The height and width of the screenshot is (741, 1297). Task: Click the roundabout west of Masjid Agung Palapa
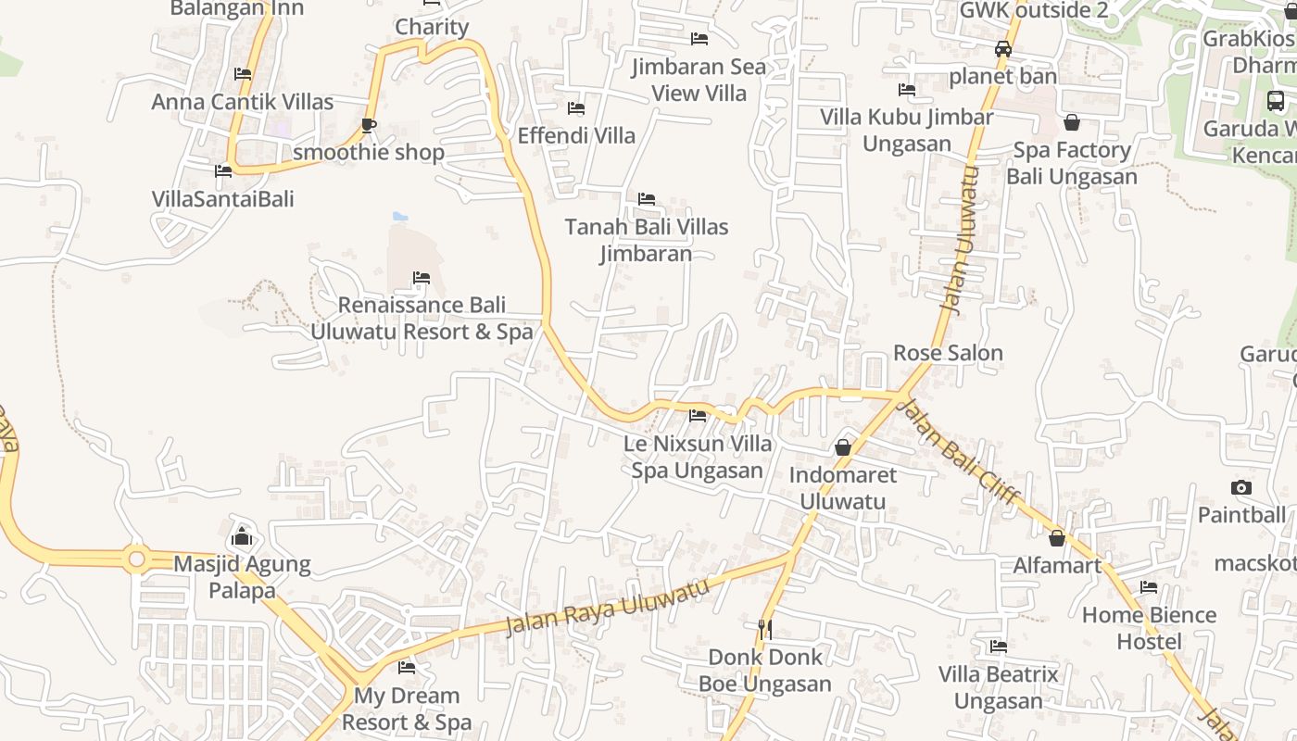pyautogui.click(x=137, y=559)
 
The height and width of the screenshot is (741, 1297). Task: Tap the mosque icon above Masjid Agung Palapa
pyautogui.click(x=242, y=535)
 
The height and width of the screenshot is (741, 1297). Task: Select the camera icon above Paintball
pyautogui.click(x=1240, y=487)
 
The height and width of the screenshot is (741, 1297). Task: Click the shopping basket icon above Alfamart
pyautogui.click(x=1057, y=537)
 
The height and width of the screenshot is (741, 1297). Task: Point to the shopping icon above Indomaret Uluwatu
pyautogui.click(x=843, y=447)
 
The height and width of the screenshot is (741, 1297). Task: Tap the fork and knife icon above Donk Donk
pyautogui.click(x=764, y=629)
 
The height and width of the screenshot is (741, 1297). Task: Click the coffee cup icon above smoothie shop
pyautogui.click(x=369, y=125)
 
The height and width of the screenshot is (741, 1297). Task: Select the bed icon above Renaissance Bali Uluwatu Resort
pyautogui.click(x=422, y=278)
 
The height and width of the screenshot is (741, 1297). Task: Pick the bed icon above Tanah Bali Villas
pyautogui.click(x=647, y=199)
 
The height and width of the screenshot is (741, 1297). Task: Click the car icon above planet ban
pyautogui.click(x=1003, y=49)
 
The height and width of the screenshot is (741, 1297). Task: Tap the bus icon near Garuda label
pyautogui.click(x=1276, y=101)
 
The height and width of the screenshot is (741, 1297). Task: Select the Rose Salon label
pyautogui.click(x=948, y=353)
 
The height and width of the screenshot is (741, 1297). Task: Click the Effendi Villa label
pyautogui.click(x=576, y=135)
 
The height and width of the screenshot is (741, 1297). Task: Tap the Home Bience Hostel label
pyautogui.click(x=1149, y=628)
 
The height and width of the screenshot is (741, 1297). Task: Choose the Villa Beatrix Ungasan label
pyautogui.click(x=998, y=687)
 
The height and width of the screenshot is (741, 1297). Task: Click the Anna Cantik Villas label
pyautogui.click(x=242, y=102)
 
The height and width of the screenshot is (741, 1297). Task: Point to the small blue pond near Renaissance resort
pyautogui.click(x=400, y=217)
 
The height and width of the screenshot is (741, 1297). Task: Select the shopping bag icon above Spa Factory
pyautogui.click(x=1072, y=122)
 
